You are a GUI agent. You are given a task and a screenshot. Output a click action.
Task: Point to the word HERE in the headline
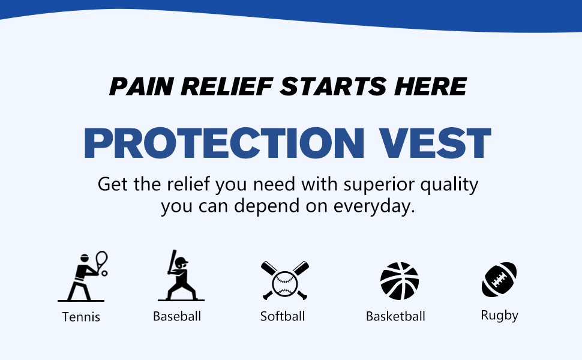pyautogui.click(x=430, y=86)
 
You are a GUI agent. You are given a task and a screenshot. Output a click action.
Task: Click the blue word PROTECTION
pyautogui.click(x=224, y=143)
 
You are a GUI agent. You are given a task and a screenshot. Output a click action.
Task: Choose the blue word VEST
pyautogui.click(x=434, y=143)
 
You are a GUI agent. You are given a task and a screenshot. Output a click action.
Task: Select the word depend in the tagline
pyautogui.click(x=266, y=206)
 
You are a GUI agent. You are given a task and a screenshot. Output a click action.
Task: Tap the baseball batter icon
pyautogui.click(x=181, y=275)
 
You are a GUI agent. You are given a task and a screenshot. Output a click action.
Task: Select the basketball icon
pyautogui.click(x=400, y=281)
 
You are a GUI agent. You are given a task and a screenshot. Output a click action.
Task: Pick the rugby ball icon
pyautogui.click(x=499, y=280)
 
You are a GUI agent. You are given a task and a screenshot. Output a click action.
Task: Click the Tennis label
pyautogui.click(x=81, y=317)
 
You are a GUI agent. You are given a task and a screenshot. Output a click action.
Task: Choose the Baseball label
pyautogui.click(x=177, y=316)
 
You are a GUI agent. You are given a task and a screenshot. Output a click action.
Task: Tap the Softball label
pyautogui.click(x=283, y=316)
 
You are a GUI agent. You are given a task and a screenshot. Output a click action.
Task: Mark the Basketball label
pyautogui.click(x=395, y=316)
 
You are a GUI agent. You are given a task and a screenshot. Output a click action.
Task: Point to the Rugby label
pyautogui.click(x=499, y=316)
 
